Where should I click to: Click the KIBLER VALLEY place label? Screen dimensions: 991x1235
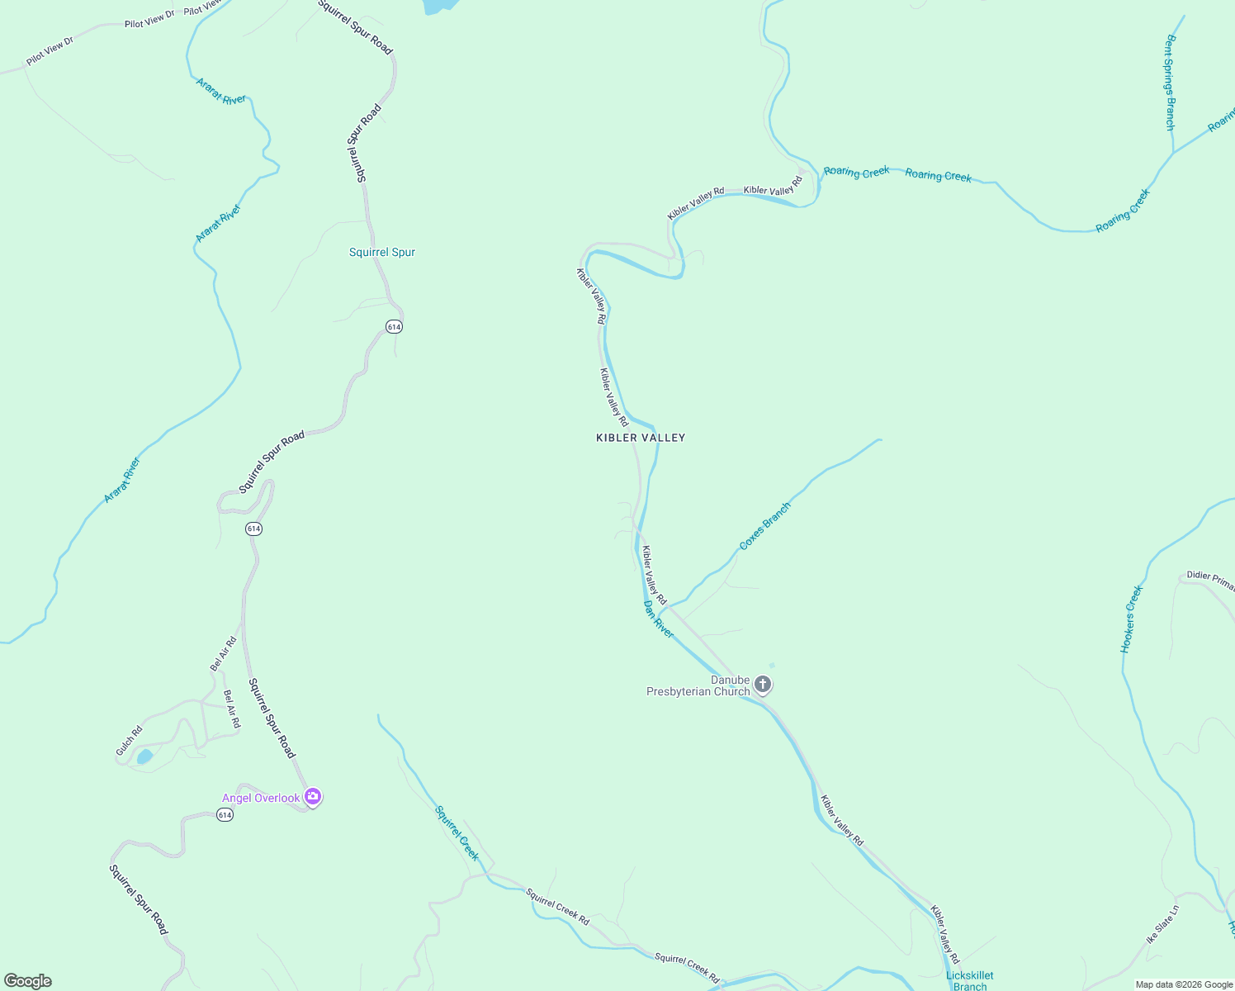coord(641,438)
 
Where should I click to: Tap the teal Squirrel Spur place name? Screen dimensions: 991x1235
coord(381,252)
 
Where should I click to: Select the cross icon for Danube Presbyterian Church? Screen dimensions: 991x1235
coord(763,685)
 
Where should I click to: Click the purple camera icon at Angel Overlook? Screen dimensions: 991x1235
coord(313,797)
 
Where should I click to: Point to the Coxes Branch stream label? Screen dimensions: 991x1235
coord(764,526)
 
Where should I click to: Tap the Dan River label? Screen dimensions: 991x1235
coord(659,619)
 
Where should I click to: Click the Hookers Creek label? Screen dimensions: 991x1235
coord(1132,619)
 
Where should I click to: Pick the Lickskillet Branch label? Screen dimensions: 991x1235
coord(970,980)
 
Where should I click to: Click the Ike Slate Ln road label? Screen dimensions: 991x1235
coord(1162,925)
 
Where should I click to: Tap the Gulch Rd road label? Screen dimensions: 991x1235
coord(130,741)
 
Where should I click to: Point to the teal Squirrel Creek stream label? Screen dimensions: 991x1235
coord(457,832)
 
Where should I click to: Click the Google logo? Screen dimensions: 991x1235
coord(28,981)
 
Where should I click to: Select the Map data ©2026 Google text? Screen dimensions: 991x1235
coord(1183,984)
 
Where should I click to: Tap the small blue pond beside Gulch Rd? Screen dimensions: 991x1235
coord(144,756)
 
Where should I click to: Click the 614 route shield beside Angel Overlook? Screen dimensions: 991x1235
coord(225,815)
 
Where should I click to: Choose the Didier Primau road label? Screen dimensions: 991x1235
coord(1210,580)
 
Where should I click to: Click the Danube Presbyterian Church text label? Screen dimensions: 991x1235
coord(698,685)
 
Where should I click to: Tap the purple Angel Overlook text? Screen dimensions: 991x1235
coord(261,798)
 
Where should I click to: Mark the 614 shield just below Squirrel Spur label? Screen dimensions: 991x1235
coord(394,327)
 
